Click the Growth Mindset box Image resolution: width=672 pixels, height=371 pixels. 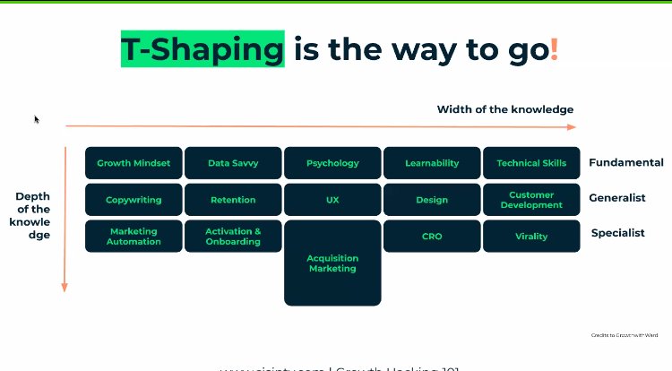coord(134,163)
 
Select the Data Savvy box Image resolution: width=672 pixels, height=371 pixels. coord(232,163)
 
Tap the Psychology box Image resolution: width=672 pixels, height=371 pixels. coord(332,163)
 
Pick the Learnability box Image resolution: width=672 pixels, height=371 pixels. coord(432,163)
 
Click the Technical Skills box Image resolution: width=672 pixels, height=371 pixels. coord(531,163)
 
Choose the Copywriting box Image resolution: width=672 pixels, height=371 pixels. coord(134,200)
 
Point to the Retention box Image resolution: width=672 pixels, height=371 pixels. coord(232,200)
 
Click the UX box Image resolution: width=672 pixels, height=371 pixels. coord(332,200)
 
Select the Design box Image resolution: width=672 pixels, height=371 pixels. coord(432,200)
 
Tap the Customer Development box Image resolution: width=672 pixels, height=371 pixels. coord(531,200)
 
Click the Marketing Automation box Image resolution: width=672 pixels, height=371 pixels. coord(134,237)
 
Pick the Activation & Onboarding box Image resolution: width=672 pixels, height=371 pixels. coord(232,237)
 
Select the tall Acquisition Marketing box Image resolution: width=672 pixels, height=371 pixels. coord(332,263)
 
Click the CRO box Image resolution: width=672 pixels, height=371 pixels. coord(432,237)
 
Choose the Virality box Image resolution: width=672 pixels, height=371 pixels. coord(531,237)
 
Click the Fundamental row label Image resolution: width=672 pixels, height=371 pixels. coord(625,163)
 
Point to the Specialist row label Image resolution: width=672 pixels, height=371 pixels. coord(617,233)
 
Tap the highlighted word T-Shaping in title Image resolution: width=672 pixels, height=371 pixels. coord(202,48)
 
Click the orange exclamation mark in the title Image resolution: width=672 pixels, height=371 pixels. coord(555,48)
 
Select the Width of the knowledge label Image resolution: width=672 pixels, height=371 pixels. coord(505,109)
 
